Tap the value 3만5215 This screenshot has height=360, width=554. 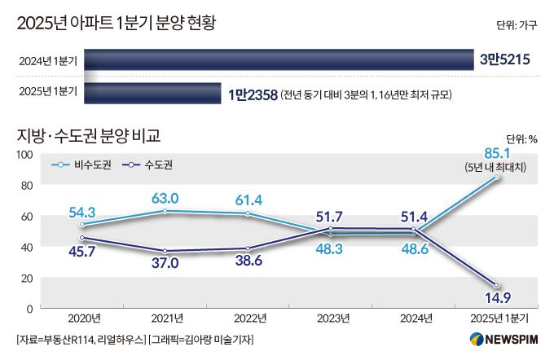pos(506,59)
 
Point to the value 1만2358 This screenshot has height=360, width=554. pos(253,93)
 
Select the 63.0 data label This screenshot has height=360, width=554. pos(166,197)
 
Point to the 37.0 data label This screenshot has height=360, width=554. pos(166,265)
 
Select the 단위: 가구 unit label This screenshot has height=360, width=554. pos(517,25)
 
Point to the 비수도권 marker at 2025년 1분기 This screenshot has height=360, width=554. pos(495,178)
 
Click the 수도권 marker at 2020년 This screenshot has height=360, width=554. pos(84,238)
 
